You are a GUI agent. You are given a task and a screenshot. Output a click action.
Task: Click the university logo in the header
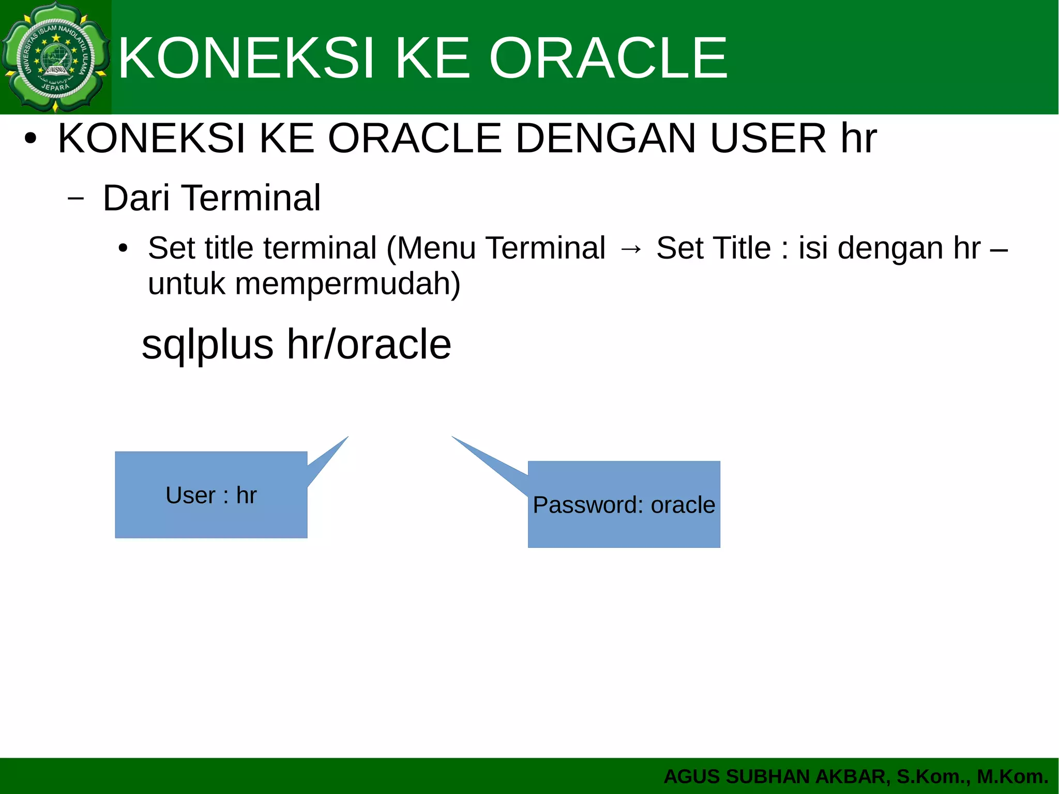point(55,57)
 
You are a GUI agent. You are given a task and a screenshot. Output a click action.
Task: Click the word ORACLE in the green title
point(608,58)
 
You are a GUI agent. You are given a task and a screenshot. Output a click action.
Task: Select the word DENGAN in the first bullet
point(606,139)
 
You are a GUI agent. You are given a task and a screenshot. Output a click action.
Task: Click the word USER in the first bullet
point(768,139)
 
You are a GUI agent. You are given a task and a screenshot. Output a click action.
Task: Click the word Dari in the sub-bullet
point(136,198)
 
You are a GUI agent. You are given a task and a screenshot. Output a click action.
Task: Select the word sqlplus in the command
point(207,345)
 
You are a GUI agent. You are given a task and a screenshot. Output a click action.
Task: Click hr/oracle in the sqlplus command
point(369,345)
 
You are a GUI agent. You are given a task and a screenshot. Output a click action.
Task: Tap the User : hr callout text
point(211,496)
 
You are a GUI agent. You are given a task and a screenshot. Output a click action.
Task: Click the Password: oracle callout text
point(624,505)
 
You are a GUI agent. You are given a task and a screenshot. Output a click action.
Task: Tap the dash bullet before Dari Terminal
point(75,198)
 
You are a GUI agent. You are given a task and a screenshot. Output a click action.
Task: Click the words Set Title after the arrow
point(714,248)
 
